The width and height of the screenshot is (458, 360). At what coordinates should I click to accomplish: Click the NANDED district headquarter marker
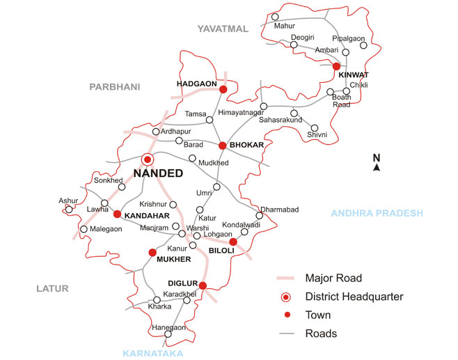[x=147, y=159]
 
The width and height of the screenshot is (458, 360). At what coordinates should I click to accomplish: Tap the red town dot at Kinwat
[x=336, y=66]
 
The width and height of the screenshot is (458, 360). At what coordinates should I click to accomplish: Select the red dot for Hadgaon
[x=223, y=89]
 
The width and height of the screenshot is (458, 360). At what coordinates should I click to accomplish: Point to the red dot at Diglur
[x=203, y=285]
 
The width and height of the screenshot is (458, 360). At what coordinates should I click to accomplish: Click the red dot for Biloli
[x=233, y=242]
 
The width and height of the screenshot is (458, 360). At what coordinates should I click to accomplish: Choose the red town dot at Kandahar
[x=118, y=214]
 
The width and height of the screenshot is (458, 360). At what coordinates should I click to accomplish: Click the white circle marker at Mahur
[x=276, y=17]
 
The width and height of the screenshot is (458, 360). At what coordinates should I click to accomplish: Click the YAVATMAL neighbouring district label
[x=222, y=29]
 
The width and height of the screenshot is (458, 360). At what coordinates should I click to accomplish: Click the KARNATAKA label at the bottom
[x=153, y=354]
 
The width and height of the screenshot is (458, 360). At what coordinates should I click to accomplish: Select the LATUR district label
[x=49, y=287]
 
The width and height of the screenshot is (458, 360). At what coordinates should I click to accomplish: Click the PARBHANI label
[x=114, y=87]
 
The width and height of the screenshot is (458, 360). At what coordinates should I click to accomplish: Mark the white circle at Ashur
[x=69, y=208]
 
